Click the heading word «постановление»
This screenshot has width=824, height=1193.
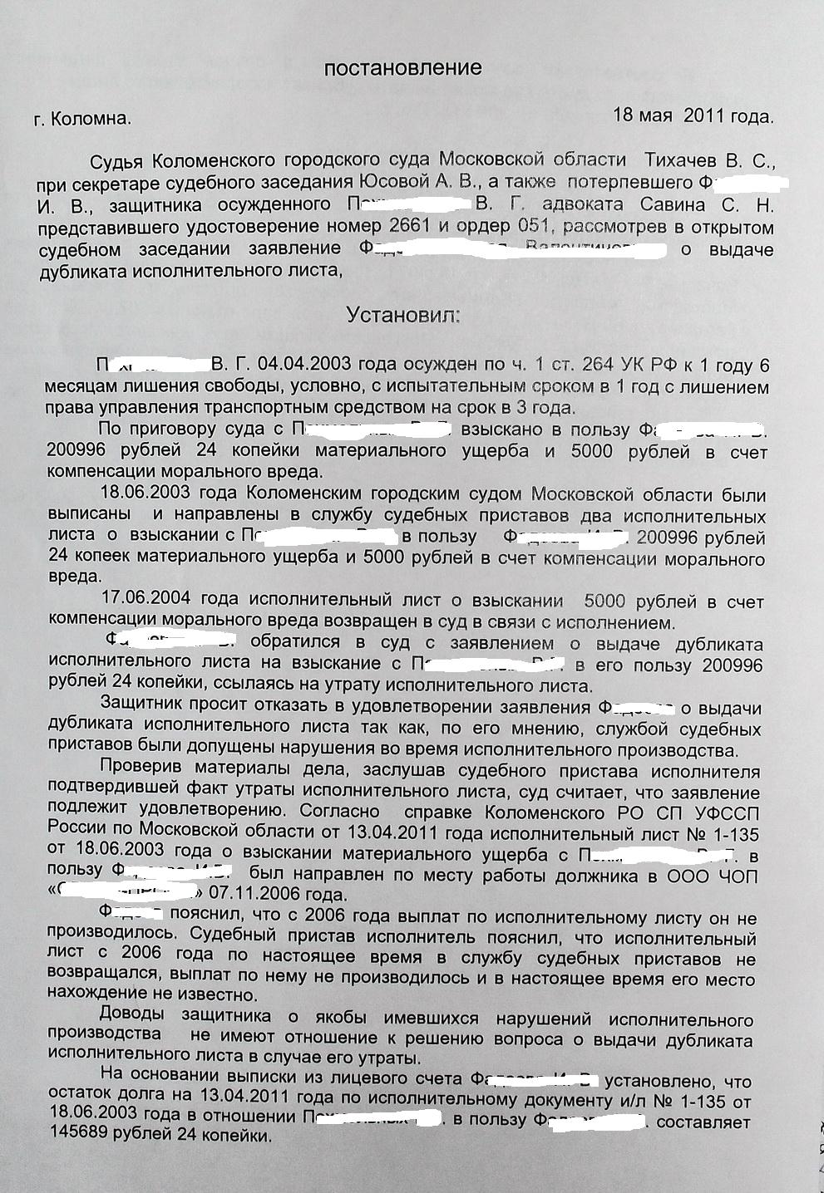coord(402,68)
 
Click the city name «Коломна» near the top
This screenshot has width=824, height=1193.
coord(90,119)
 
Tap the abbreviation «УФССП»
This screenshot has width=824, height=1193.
coord(723,812)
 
